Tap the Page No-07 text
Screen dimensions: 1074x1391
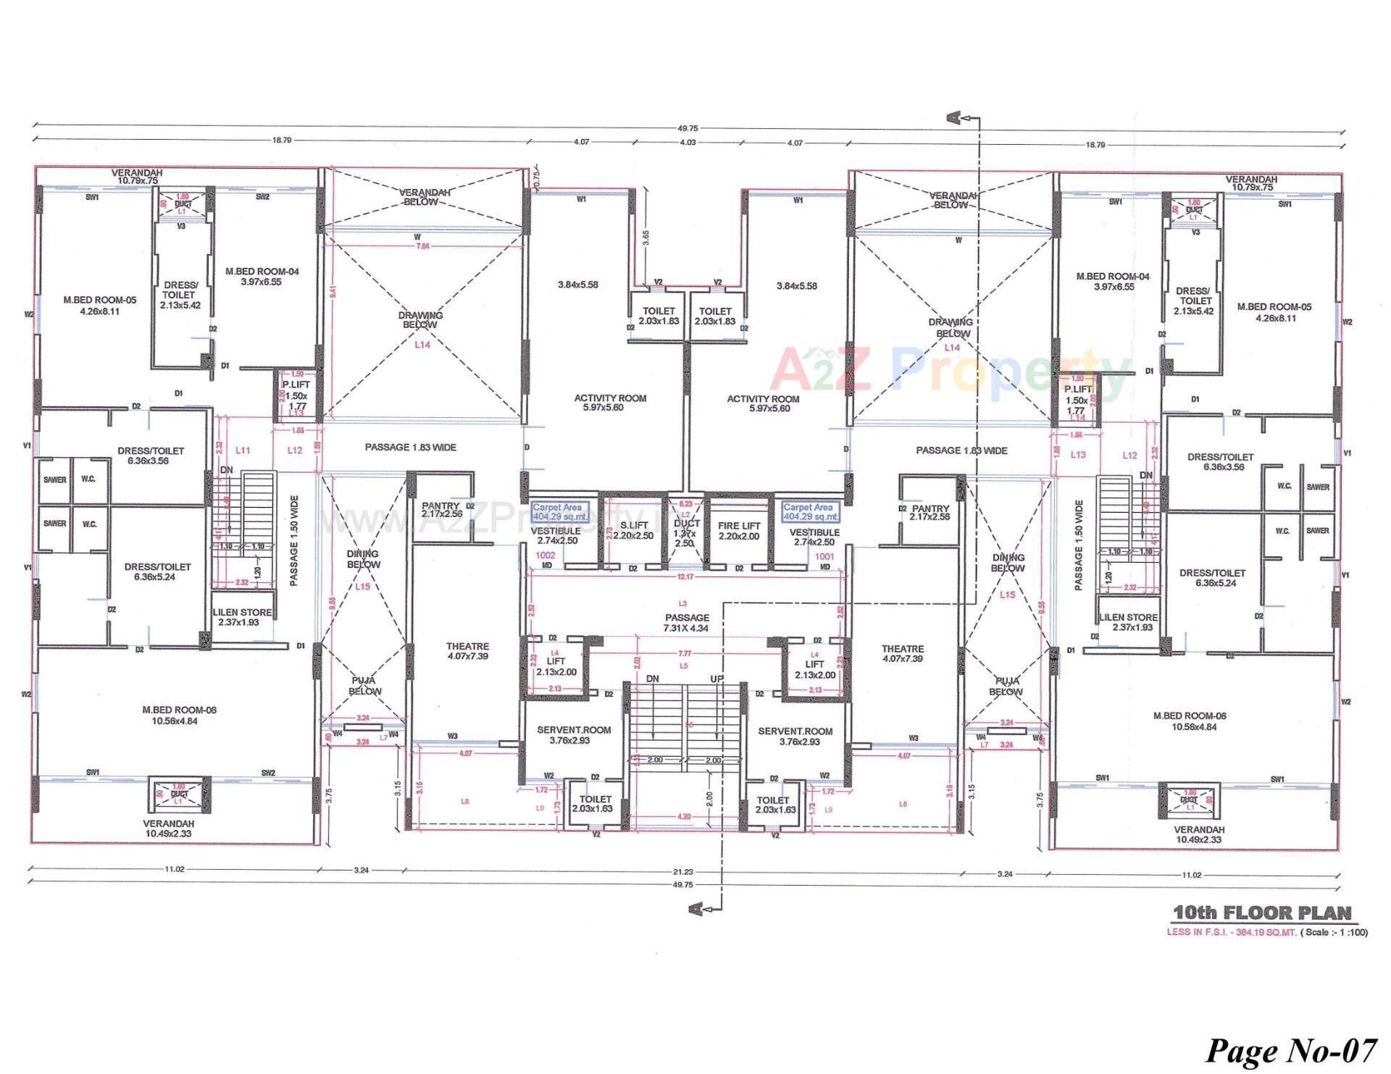1290,1050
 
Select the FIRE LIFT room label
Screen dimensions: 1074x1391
739,530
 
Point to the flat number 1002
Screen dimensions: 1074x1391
545,555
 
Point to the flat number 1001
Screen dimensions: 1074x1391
824,556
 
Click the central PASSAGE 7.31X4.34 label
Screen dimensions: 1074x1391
687,623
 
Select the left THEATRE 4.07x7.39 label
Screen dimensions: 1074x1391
467,650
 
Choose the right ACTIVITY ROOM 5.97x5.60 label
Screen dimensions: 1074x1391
763,403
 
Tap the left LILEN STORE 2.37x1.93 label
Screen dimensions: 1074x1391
242,616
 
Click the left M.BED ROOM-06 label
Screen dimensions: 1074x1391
179,715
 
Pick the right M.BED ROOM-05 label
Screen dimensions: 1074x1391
1284,311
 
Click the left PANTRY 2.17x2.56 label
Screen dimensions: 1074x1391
441,510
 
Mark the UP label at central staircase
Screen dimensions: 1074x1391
717,679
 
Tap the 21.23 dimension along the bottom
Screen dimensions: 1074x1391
682,871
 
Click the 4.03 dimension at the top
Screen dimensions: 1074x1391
687,142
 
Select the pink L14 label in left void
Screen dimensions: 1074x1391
422,345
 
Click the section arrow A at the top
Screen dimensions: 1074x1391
954,117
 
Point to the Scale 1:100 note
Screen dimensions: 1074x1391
1334,932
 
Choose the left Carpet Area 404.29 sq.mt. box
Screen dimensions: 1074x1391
559,512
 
